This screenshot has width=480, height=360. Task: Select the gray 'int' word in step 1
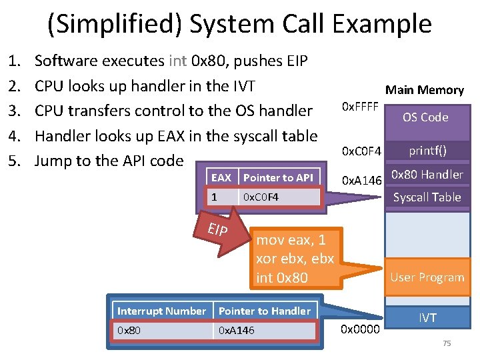tap(178, 61)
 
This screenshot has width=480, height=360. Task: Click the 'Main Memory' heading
tap(425, 90)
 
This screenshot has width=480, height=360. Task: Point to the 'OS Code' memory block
tap(425, 117)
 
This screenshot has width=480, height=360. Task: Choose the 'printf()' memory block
tap(427, 151)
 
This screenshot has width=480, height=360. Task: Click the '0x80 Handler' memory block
tap(427, 175)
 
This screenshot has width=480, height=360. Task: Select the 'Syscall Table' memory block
tap(427, 197)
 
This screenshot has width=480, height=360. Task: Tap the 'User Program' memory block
tap(427, 277)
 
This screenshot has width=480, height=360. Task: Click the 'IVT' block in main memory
tap(427, 318)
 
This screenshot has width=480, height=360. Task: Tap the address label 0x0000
tap(360, 329)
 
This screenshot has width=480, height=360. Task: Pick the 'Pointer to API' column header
tap(278, 177)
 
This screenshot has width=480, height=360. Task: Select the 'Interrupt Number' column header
tap(161, 311)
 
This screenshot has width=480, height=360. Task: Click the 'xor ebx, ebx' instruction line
tap(295, 259)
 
